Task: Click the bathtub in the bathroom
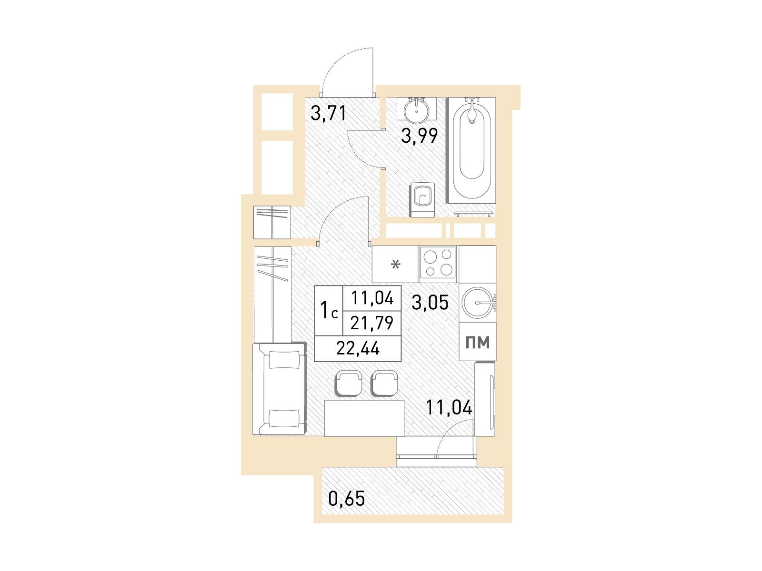click(471, 150)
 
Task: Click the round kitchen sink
click(478, 303)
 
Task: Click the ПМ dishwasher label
click(478, 342)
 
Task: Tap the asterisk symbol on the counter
click(395, 265)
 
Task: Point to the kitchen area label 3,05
click(430, 302)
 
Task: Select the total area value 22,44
click(358, 348)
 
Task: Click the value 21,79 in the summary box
click(372, 323)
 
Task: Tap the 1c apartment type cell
click(329, 310)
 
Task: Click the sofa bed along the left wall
click(280, 389)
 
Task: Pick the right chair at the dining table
click(384, 383)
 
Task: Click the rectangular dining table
click(364, 418)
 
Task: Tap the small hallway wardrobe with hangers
click(272, 222)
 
